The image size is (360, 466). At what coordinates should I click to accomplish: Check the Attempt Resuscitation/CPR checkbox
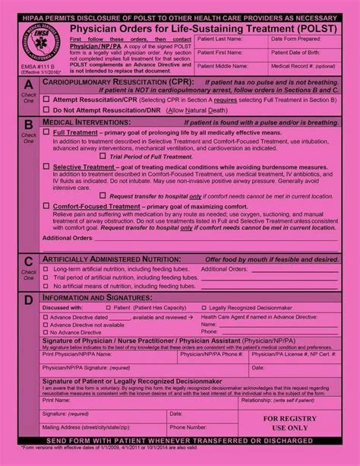pos(46,100)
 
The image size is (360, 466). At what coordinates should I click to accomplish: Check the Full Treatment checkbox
pos(47,132)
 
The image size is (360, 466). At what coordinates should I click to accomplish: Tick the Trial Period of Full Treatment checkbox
pos(105,156)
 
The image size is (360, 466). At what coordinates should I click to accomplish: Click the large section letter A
pos(28,85)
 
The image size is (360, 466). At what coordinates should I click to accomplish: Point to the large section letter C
pos(28,262)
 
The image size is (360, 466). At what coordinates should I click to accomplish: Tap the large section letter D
pos(28,299)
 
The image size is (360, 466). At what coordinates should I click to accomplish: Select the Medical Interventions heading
pos(84,121)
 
